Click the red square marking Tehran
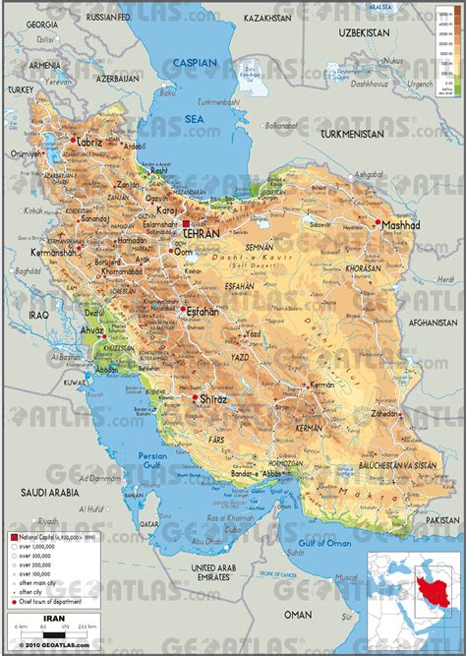[185, 226]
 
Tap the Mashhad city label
[402, 225]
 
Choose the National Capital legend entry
[49, 538]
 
